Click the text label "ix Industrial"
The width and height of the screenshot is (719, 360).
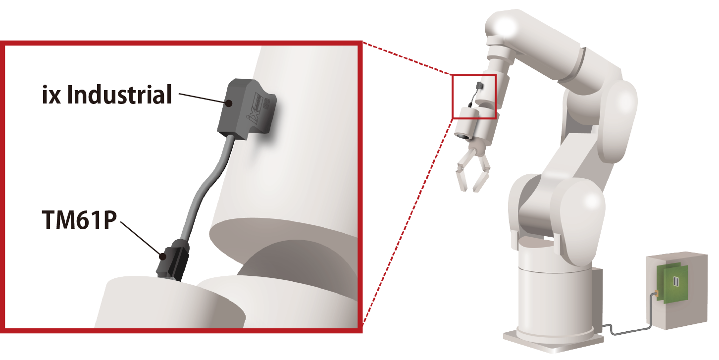pos(107,95)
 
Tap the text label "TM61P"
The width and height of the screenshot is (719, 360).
pos(79,220)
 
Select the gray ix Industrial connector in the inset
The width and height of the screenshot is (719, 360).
pos(246,108)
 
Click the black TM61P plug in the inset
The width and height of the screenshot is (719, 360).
pos(173,260)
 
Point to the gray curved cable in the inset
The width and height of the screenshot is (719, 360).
pos(205,189)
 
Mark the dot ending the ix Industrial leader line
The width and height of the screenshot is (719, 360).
pos(229,103)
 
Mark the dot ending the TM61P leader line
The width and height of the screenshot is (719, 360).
pos(163,257)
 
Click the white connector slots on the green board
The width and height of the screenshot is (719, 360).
pos(676,281)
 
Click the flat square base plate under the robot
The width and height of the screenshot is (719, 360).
pos(552,340)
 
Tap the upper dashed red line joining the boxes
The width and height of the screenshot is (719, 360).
pos(407,58)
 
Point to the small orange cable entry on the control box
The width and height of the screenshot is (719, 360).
pos(656,294)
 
